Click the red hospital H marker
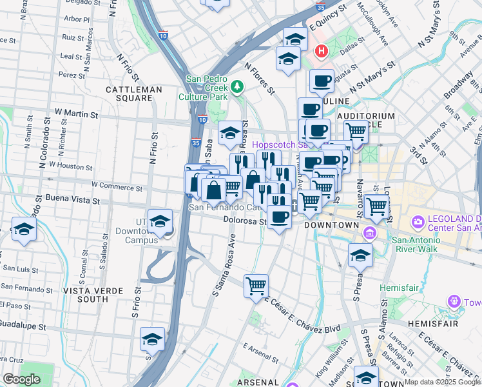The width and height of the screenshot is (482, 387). pyautogui.click(x=321, y=50)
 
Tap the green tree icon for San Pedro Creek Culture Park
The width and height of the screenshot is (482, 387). pyautogui.click(x=237, y=86)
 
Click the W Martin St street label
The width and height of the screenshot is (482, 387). pyautogui.click(x=76, y=114)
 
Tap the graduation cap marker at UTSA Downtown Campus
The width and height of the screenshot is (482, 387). pyautogui.click(x=160, y=221)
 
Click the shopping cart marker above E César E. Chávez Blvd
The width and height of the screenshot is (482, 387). pyautogui.click(x=256, y=285)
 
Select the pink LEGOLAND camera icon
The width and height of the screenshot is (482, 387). pyautogui.click(x=419, y=223)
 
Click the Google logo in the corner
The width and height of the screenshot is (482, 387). pyautogui.click(x=21, y=379)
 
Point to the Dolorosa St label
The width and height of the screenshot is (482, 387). pyautogui.click(x=244, y=221)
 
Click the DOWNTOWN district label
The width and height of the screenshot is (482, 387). pyautogui.click(x=331, y=225)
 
